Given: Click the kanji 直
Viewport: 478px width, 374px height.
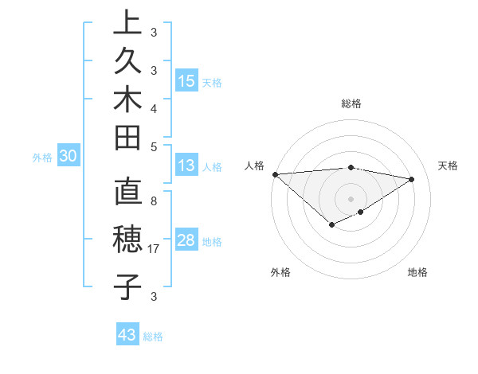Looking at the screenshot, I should coord(127,193).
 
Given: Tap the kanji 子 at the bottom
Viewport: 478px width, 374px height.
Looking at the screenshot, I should coord(127,286).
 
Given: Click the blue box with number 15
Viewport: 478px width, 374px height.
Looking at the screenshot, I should coord(186,81).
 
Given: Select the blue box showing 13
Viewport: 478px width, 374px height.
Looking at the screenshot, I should coord(186,166).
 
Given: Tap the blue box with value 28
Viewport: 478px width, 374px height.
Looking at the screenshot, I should coord(186,241).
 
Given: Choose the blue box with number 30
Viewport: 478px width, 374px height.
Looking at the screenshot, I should coord(69,157).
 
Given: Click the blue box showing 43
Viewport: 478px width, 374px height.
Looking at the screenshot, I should coord(127,335).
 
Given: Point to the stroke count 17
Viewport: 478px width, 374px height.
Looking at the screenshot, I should coord(155,249).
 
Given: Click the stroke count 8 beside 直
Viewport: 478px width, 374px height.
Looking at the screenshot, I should coord(153,201).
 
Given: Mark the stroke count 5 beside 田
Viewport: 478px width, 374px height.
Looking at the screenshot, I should coord(153,146).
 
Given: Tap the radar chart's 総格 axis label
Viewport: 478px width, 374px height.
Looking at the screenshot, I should coord(351,103).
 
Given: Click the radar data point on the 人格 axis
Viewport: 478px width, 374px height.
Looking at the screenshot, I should coord(275,173).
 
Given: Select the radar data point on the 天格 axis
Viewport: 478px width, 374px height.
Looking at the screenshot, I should coord(412,179).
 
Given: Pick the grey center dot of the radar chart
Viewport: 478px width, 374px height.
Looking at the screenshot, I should coord(351,198).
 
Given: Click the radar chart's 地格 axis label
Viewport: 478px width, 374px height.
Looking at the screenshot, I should coord(417,272).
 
